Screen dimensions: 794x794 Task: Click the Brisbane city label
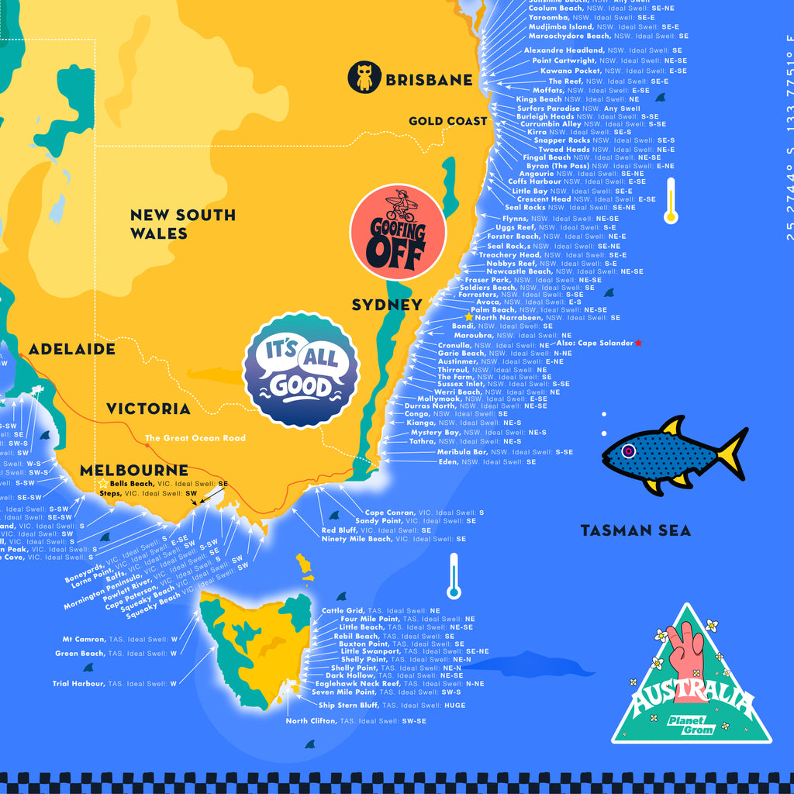tap(429, 80)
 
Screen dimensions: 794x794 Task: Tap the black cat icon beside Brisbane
tap(364, 78)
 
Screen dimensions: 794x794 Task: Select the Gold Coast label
tap(448, 121)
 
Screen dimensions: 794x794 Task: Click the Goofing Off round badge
tap(398, 233)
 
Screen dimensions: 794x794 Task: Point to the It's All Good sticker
tap(301, 370)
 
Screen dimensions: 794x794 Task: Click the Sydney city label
tap(387, 305)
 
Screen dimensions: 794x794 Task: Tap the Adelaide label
tap(72, 350)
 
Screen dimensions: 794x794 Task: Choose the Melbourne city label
tap(134, 470)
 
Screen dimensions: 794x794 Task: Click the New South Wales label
tap(182, 224)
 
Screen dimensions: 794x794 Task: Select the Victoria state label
tap(148, 409)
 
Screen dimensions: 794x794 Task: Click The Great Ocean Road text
tap(195, 438)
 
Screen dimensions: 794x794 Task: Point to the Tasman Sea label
tap(636, 531)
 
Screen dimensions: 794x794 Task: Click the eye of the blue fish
tap(628, 451)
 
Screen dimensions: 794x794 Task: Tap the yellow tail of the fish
tap(732, 453)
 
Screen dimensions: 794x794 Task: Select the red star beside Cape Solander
tap(638, 343)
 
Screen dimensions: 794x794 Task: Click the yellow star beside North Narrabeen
tap(468, 317)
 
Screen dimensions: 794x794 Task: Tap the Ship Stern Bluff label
tap(349, 706)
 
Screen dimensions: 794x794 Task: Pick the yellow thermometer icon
tap(671, 201)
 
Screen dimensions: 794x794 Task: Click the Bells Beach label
tap(132, 483)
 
